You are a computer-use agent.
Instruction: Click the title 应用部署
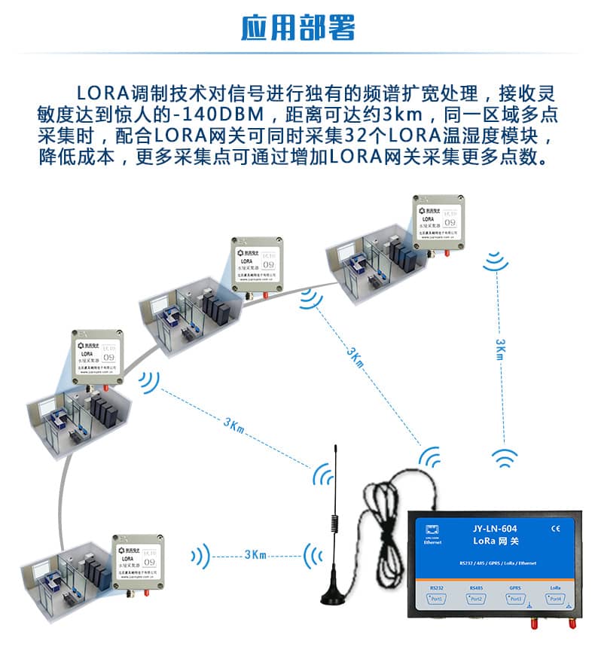(297, 27)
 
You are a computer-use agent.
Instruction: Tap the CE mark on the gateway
(556, 528)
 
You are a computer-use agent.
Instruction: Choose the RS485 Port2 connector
(476, 599)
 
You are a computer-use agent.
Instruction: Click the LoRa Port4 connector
(555, 599)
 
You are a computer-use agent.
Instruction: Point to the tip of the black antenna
(337, 447)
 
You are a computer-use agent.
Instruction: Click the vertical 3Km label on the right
(500, 349)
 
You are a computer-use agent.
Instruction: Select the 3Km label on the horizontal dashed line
(255, 555)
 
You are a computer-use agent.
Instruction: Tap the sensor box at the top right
(436, 219)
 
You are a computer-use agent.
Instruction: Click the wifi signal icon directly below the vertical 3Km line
(505, 458)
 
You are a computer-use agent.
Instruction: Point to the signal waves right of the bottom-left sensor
(199, 557)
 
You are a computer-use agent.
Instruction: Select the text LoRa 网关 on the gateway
(494, 541)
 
